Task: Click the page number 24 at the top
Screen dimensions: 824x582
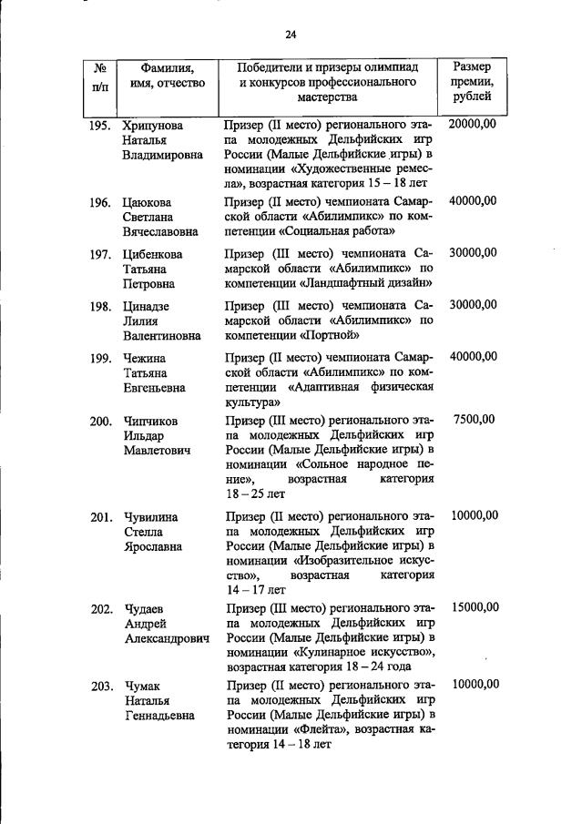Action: pyautogui.click(x=291, y=35)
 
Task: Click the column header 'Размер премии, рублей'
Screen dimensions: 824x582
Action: pyautogui.click(x=473, y=81)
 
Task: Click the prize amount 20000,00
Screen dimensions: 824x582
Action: pyautogui.click(x=474, y=124)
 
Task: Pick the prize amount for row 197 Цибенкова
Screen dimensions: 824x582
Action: pyautogui.click(x=474, y=252)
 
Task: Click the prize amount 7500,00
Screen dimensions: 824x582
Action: pyautogui.click(x=474, y=420)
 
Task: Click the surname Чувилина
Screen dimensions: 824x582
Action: pyautogui.click(x=150, y=516)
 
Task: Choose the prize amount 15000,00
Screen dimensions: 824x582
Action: pyautogui.click(x=474, y=606)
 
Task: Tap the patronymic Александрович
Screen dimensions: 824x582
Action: pyautogui.click(x=167, y=638)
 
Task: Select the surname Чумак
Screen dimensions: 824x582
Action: pyautogui.click(x=143, y=685)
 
